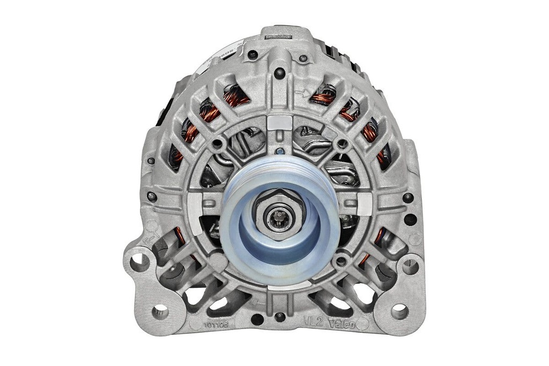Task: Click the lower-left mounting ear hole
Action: coord(160,310)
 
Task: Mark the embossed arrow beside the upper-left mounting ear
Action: coord(152,235)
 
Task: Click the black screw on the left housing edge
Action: coord(152,197)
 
